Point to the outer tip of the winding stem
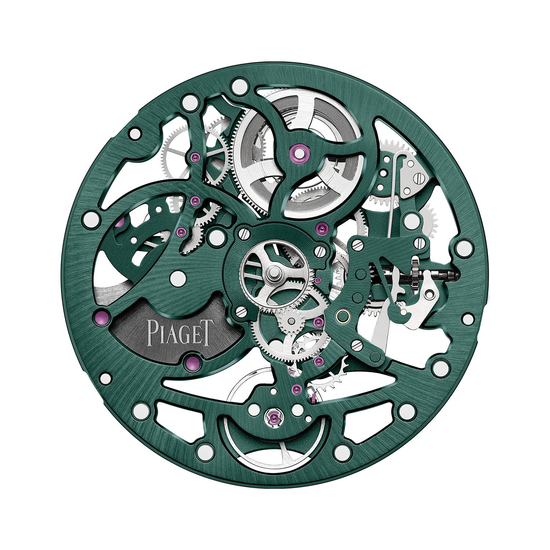pyautogui.click(x=458, y=274)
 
